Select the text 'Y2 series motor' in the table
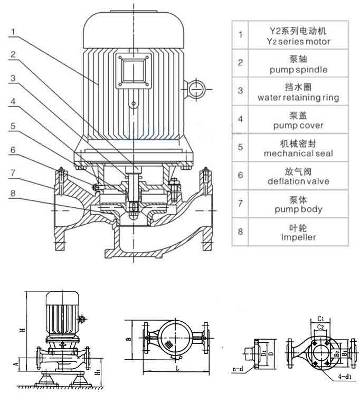click(299, 42)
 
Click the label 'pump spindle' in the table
click(299, 70)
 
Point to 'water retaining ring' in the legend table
click(299, 98)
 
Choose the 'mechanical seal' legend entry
click(299, 153)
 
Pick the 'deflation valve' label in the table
click(299, 181)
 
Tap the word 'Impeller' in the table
click(299, 237)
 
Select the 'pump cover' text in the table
click(299, 126)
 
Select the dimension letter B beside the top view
click(128, 340)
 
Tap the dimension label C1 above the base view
click(320, 318)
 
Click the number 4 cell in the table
click(241, 119)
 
